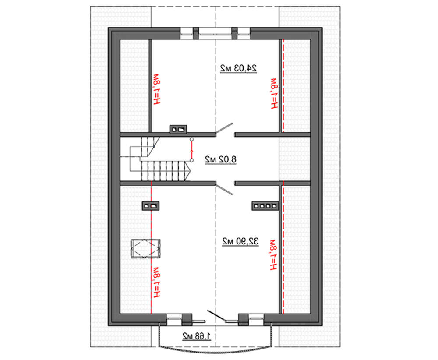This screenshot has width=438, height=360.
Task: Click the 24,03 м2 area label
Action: pyautogui.click(x=238, y=68)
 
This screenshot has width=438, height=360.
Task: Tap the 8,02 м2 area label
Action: pyautogui.click(x=221, y=159)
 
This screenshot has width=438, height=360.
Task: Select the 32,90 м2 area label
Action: pyautogui.click(x=240, y=241)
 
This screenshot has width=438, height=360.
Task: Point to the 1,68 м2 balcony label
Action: pyautogui.click(x=197, y=336)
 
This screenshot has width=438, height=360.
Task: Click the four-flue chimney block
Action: pyautogui.click(x=265, y=206)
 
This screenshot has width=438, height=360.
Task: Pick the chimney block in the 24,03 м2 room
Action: pyautogui.click(x=178, y=129)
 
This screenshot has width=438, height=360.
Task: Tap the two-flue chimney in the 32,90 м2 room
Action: pyautogui.click(x=151, y=206)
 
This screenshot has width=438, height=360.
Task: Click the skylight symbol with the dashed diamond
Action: pyautogui.click(x=145, y=248)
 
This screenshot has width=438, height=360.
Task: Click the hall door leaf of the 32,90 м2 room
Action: pyautogui.click(x=224, y=189)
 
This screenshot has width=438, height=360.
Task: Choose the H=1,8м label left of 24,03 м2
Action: pyautogui.click(x=157, y=89)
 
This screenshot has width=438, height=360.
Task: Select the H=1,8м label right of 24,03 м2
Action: pyautogui.click(x=274, y=93)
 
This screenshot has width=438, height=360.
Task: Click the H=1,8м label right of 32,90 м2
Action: pyautogui.click(x=273, y=255)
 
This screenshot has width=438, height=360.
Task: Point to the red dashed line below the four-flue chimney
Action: pyautogui.click(x=283, y=251)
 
